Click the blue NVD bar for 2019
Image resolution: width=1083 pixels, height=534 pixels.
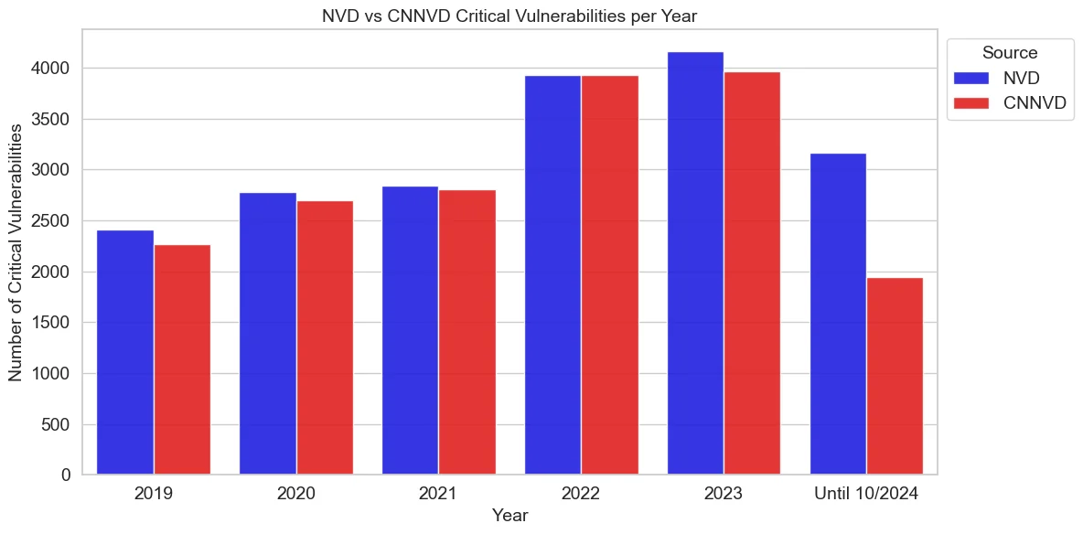click(124, 352)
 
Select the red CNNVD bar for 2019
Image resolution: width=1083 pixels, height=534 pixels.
click(182, 359)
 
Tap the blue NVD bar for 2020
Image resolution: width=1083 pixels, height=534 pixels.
click(267, 334)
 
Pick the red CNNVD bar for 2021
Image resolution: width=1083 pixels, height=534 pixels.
click(467, 332)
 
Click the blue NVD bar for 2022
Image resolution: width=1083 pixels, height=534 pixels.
click(552, 275)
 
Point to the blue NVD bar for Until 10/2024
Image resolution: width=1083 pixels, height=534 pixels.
click(838, 314)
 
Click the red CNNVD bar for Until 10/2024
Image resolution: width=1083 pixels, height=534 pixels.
click(895, 376)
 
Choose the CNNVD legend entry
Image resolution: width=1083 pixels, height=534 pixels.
click(1006, 102)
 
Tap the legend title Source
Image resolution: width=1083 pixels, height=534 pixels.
click(1009, 53)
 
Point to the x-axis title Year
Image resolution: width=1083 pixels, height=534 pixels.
click(509, 516)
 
